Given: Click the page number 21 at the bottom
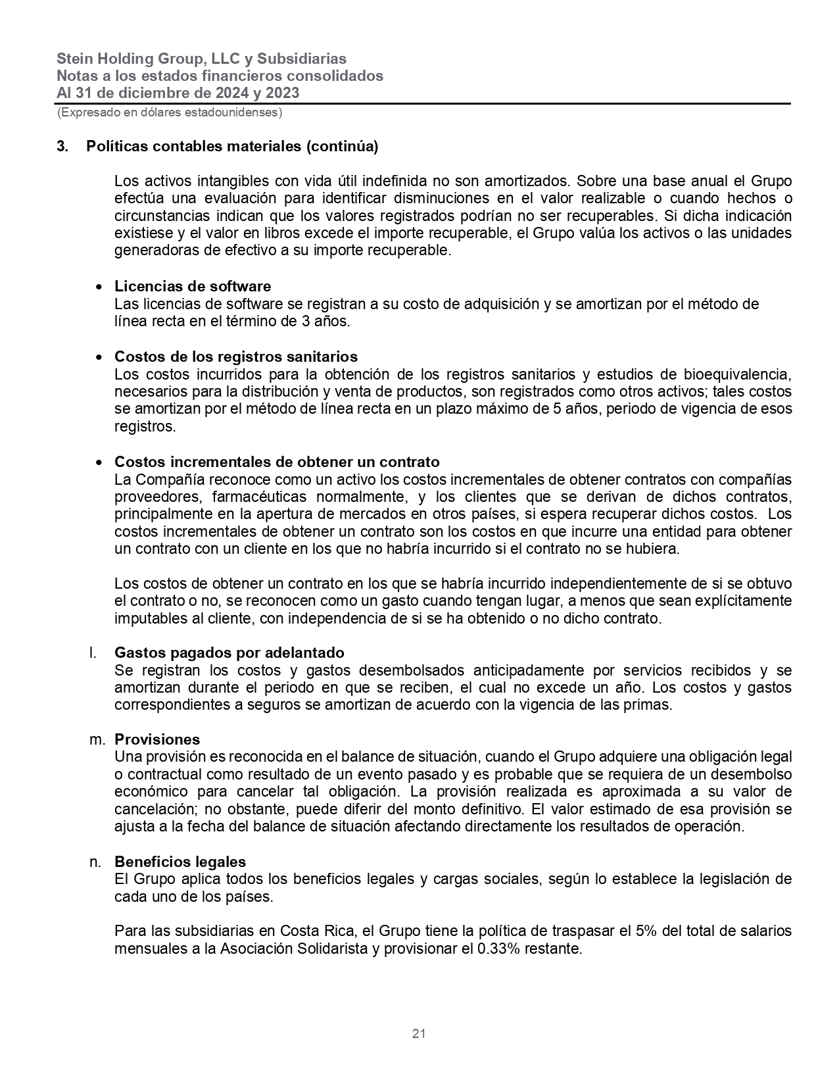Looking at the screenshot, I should tap(419, 1033).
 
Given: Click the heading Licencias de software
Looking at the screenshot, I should tap(192, 286).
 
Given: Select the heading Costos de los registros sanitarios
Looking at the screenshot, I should tap(235, 357).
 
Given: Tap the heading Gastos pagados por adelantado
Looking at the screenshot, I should tap(229, 653).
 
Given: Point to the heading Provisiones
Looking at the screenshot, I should tap(157, 739).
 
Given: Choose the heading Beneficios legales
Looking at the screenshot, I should tap(180, 862).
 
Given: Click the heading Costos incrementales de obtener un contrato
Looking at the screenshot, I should tap(277, 462).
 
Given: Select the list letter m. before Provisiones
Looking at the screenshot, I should tap(97, 739).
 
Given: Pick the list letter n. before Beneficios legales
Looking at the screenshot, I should tap(95, 862).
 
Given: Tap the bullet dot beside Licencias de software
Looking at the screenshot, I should tap(99, 287).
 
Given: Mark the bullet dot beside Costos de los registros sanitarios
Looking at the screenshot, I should tap(99, 358).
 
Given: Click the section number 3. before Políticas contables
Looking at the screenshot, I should tap(62, 146).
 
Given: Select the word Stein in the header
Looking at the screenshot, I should tap(74, 59).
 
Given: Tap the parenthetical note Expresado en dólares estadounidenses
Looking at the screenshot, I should tap(170, 112).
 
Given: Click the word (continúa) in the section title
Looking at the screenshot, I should tap(343, 146).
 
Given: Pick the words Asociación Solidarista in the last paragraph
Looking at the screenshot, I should tap(294, 949).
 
